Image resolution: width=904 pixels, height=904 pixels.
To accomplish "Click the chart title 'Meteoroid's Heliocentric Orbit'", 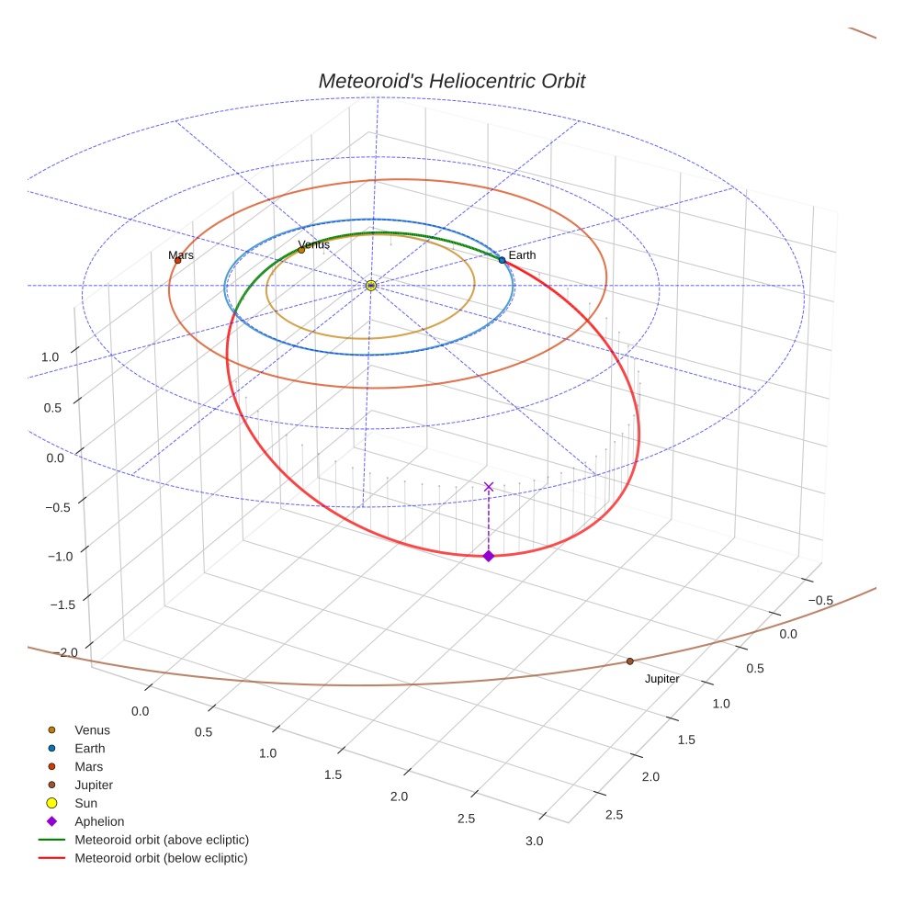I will click(x=451, y=81).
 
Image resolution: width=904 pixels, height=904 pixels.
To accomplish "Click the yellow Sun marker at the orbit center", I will click(x=371, y=286).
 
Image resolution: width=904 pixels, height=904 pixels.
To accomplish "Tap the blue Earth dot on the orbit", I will click(x=503, y=260).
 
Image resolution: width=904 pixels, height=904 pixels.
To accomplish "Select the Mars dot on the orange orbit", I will click(x=178, y=260).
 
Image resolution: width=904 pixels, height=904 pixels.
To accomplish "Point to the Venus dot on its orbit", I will click(x=301, y=250).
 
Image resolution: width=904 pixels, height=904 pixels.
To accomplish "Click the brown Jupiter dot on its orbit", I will click(x=630, y=661).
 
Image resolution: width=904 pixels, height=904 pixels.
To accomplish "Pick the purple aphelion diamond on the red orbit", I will click(x=489, y=556).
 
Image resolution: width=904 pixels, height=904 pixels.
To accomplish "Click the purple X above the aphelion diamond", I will click(x=489, y=487).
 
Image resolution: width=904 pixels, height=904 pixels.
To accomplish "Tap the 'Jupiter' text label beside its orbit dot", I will click(x=661, y=679).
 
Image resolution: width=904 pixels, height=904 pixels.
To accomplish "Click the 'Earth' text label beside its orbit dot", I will click(x=522, y=254).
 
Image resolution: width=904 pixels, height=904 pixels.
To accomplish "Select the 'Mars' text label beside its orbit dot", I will click(x=181, y=254).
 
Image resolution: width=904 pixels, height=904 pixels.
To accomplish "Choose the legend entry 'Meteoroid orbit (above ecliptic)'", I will click(x=162, y=840).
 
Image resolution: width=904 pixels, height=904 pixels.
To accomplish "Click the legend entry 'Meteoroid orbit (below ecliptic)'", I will click(x=161, y=858).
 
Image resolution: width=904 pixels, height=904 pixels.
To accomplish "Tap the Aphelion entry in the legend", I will click(x=99, y=821).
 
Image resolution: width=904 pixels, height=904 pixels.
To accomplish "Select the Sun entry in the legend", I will click(x=85, y=803).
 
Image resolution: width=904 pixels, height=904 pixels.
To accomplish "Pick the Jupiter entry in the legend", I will click(x=94, y=785).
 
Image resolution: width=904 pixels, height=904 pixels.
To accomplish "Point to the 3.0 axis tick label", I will click(x=533, y=841).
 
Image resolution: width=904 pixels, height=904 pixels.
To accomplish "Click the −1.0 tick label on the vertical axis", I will click(x=60, y=556).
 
